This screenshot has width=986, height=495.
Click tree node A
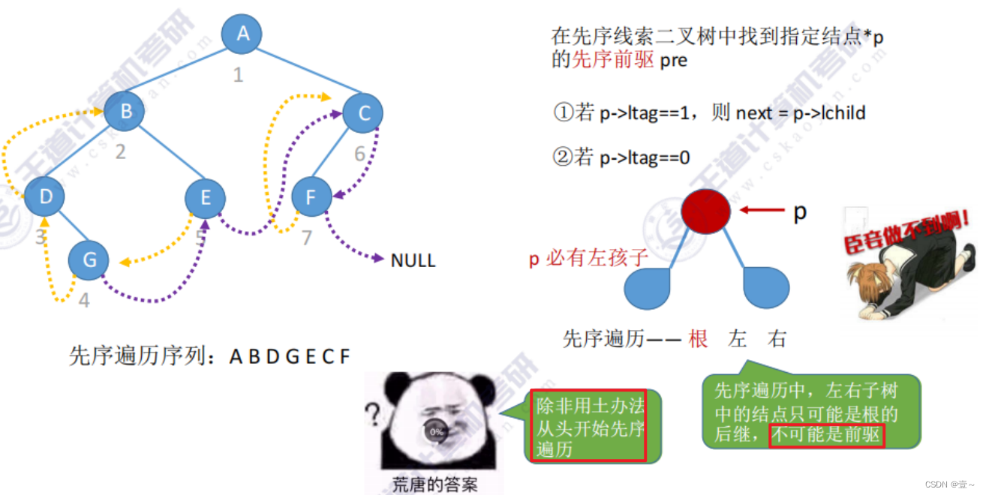[242, 33]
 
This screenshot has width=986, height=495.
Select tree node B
[125, 112]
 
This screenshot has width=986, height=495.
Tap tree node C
[363, 113]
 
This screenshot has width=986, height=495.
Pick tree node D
[44, 197]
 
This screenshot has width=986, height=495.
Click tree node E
[206, 198]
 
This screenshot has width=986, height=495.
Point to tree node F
[311, 197]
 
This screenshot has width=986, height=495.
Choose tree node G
[89, 260]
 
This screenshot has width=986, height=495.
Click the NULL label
[413, 260]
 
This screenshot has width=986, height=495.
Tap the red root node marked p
[705, 211]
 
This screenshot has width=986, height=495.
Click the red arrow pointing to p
[761, 211]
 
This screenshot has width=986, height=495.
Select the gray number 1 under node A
[239, 75]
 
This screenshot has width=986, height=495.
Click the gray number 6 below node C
[360, 154]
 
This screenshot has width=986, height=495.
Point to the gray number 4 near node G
[84, 300]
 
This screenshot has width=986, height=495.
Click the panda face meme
[437, 423]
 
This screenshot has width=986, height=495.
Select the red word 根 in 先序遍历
[698, 339]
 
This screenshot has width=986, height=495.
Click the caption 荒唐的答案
[435, 484]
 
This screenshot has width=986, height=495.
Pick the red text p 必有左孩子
[589, 259]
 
